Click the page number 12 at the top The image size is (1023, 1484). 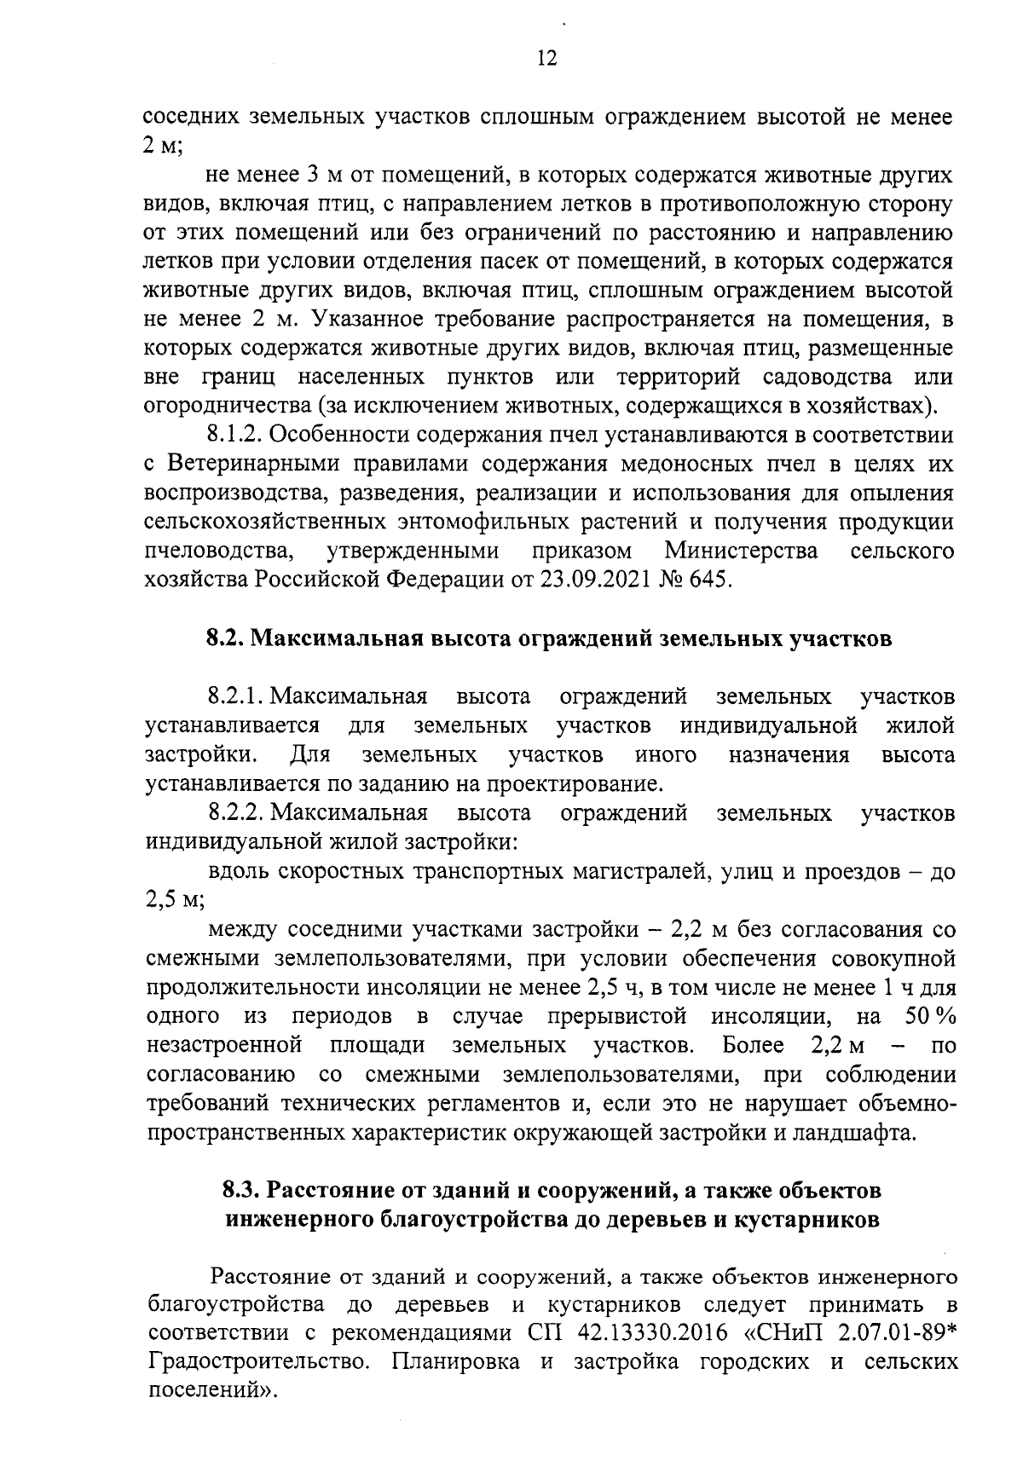pos(546,59)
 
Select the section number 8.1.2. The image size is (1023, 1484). pos(234,436)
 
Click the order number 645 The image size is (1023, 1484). pos(709,580)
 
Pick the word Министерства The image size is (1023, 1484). pos(742,551)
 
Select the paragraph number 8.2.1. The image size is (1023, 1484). pos(234,697)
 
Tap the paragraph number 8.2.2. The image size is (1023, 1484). pos(234,813)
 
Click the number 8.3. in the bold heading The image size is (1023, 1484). pos(243,1190)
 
